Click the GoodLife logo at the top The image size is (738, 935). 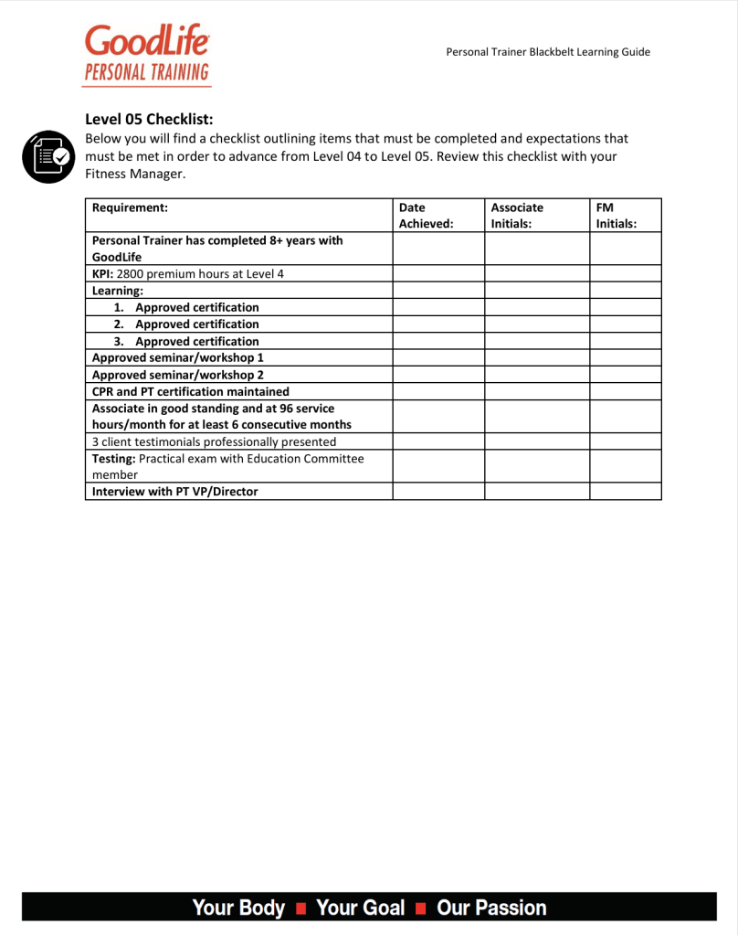[x=147, y=54]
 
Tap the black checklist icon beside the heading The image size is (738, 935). [x=47, y=156]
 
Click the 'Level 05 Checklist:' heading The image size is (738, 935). [x=149, y=119]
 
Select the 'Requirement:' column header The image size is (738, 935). [x=130, y=207]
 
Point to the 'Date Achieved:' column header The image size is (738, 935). [x=426, y=215]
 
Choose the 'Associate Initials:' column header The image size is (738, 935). [x=517, y=215]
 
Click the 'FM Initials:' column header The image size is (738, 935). [x=616, y=215]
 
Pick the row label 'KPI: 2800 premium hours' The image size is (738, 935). [x=188, y=274]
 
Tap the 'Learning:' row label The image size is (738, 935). [x=118, y=291]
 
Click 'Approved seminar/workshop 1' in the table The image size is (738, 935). [x=178, y=357]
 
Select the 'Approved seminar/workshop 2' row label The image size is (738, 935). [x=178, y=375]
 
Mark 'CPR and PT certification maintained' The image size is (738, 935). [x=191, y=391]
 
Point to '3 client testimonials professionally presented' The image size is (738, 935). [x=214, y=441]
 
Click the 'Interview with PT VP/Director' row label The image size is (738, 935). [x=175, y=492]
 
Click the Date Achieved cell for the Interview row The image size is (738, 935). [x=438, y=492]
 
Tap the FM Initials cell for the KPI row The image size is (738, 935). [x=625, y=274]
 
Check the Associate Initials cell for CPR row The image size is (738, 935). [x=536, y=391]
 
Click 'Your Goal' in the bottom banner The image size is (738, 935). [x=360, y=908]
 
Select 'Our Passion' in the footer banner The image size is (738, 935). [x=491, y=908]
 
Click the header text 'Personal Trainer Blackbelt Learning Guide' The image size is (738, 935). [x=548, y=52]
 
